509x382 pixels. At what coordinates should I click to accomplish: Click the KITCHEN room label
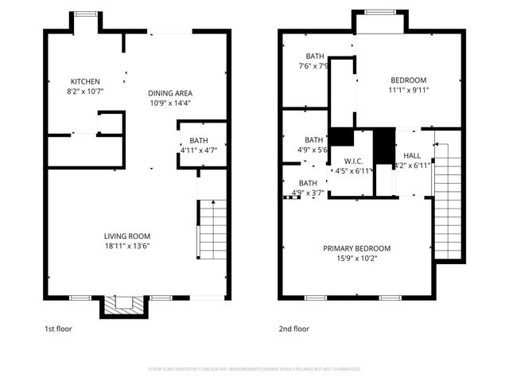pos(85,81)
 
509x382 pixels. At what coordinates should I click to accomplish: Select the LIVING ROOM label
pos(127,236)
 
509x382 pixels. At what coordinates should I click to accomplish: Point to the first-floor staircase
pos(212,231)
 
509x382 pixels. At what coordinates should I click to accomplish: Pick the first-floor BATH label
pos(198,140)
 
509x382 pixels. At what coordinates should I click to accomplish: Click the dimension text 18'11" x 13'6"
pos(127,246)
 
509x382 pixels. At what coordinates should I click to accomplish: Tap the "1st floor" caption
pos(57,328)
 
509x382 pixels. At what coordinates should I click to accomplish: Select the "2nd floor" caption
pos(294,328)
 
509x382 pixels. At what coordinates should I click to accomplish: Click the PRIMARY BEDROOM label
pos(356,248)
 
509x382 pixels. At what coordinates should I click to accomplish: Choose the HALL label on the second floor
pos(412,155)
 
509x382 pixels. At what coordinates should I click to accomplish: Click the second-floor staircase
pos(449,203)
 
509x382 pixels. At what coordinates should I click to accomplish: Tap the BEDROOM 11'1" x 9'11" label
pos(408,80)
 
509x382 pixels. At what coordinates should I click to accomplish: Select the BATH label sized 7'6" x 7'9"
pos(316,57)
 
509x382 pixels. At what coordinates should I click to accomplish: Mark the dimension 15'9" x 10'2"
pos(356,259)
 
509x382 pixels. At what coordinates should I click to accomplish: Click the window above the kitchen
pos(85,14)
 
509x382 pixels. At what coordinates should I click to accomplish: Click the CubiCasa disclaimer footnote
pos(254,369)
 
